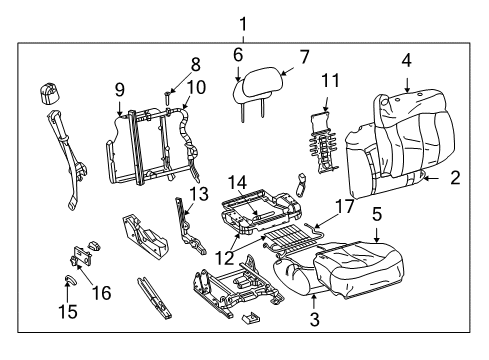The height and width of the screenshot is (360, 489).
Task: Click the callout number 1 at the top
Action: coord(241,23)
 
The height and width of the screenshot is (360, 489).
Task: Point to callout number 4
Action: coord(406,61)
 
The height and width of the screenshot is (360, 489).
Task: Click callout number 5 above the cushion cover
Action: coord(376,213)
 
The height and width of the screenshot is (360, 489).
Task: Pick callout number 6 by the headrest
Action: coord(238,56)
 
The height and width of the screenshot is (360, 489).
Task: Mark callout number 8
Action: coord(196,63)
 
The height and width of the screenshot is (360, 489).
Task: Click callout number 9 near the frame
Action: coord(119,87)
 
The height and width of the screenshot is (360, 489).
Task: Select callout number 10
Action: coord(197,87)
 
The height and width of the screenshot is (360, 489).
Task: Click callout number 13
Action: coord(199,193)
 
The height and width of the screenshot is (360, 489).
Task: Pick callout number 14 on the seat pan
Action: coord(236,182)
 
